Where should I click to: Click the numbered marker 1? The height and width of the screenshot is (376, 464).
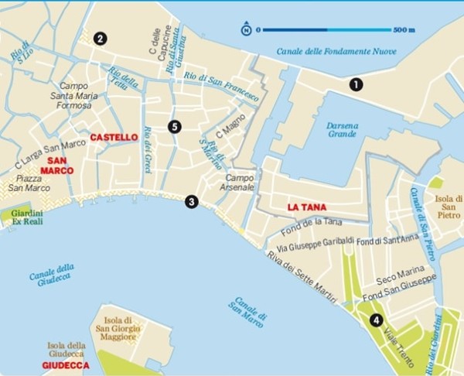tap(356, 84)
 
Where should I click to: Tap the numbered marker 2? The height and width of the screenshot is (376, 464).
tap(99, 38)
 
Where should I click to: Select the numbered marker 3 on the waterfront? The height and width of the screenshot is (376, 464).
tap(191, 202)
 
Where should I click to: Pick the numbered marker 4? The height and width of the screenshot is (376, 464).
tap(377, 320)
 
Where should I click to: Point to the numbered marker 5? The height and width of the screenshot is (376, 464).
tap(174, 126)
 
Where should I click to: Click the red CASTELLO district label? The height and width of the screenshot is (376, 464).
tap(114, 137)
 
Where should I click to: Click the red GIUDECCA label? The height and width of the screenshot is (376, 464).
tap(66, 365)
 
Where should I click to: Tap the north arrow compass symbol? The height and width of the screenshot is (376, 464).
tap(246, 30)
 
